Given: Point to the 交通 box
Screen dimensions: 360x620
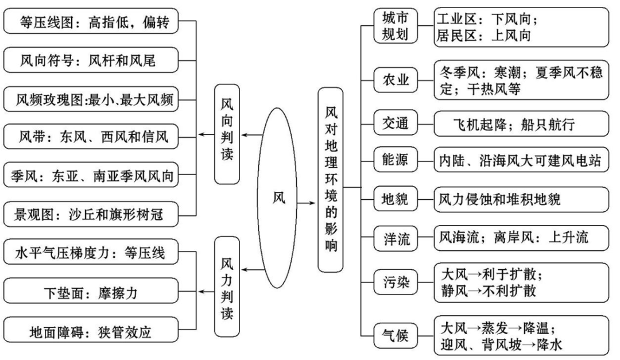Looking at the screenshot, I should click(395, 122).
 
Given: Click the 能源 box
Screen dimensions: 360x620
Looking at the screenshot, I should click(395, 160).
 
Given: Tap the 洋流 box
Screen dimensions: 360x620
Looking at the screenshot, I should click(395, 239).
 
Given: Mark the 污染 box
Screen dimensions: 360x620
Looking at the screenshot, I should click(395, 281).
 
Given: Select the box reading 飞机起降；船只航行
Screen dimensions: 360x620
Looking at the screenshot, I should click(521, 123).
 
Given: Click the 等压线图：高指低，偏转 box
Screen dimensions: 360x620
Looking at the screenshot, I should click(91, 22).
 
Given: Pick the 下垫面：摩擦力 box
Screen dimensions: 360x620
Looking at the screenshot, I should click(91, 293).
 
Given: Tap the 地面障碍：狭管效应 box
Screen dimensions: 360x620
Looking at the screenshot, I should click(91, 331).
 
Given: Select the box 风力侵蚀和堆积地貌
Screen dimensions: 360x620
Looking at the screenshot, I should click(521, 199).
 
